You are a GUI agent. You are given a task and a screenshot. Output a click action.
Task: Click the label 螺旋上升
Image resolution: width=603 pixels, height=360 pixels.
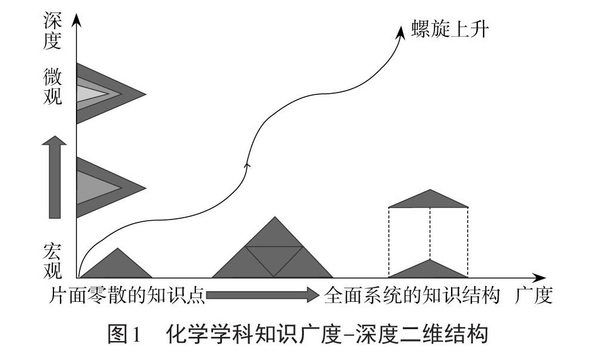tap(450, 29)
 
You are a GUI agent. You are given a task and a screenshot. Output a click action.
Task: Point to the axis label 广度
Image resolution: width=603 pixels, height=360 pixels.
tap(534, 295)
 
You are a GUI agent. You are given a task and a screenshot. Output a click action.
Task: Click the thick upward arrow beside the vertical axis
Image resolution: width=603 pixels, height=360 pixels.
tap(55, 177)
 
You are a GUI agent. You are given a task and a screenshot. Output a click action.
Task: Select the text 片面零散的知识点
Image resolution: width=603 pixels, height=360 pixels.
tap(127, 295)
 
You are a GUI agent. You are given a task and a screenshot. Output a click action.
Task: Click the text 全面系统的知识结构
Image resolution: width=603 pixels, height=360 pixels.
tap(412, 295)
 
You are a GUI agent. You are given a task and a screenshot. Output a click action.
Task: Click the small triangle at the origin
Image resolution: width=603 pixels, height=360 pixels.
tap(117, 266)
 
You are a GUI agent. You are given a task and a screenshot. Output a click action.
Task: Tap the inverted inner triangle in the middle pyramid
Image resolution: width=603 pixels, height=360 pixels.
tap(274, 257)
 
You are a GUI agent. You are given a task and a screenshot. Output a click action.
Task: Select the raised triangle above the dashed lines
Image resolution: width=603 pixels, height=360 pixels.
tap(429, 200)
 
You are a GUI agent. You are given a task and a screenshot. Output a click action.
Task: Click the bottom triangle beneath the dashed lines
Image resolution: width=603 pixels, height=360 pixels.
tap(429, 270)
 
